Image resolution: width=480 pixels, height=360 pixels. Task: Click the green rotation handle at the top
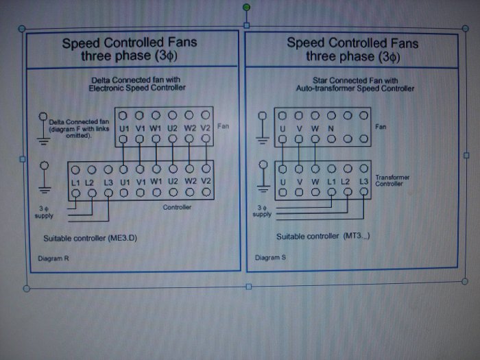[x=246, y=8]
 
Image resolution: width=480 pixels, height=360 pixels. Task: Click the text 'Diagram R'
[x=53, y=259]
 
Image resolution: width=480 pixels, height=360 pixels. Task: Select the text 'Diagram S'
[x=270, y=257]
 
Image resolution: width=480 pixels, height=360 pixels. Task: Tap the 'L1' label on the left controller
[x=75, y=183]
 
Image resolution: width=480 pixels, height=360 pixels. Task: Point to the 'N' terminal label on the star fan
[x=331, y=129]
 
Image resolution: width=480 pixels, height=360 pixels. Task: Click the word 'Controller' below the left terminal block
[x=177, y=207]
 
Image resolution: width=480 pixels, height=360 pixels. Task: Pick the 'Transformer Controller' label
[x=392, y=180]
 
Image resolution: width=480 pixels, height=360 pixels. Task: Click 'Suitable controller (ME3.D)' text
[x=90, y=238]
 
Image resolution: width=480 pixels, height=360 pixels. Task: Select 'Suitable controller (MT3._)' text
[x=323, y=237]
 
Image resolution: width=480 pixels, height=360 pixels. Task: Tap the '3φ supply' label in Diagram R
[x=44, y=212]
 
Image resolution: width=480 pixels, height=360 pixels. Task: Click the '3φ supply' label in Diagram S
[x=262, y=211]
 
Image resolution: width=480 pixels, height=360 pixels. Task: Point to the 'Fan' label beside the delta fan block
[x=223, y=126]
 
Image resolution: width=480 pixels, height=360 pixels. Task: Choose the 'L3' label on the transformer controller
[x=363, y=182]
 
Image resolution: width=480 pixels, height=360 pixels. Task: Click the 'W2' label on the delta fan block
[x=190, y=128]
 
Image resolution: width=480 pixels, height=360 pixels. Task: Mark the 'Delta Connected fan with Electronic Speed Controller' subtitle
[x=136, y=84]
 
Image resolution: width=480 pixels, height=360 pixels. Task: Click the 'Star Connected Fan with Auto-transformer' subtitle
[x=355, y=84]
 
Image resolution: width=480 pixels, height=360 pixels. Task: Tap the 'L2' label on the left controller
[x=89, y=183]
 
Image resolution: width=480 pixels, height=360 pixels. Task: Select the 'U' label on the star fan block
[x=283, y=129]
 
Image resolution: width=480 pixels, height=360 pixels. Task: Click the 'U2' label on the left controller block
[x=173, y=182]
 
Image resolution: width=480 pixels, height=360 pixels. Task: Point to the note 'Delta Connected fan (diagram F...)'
[x=79, y=129]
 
